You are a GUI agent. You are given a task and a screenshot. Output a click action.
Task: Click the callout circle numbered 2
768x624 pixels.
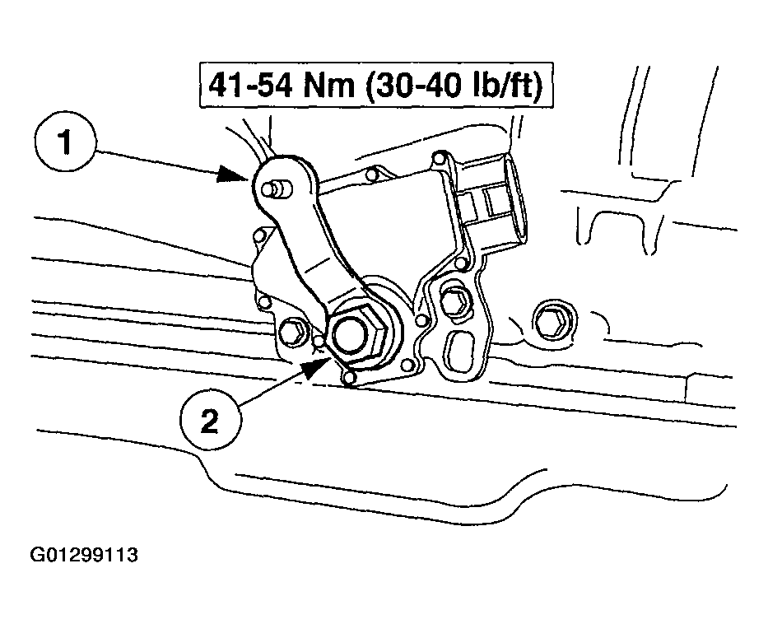pyautogui.click(x=211, y=420)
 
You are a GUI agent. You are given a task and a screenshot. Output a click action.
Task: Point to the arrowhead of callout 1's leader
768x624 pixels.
pyautogui.click(x=234, y=174)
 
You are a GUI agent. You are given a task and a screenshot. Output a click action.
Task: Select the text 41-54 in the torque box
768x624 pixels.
pyautogui.click(x=250, y=86)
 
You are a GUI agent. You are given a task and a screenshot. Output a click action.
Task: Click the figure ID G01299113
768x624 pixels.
pyautogui.click(x=84, y=555)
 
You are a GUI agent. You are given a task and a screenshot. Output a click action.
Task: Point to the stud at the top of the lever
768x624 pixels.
pyautogui.click(x=277, y=189)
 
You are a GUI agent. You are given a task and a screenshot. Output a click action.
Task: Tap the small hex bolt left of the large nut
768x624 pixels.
pyautogui.click(x=293, y=333)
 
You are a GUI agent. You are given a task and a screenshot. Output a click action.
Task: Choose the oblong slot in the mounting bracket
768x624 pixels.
pyautogui.click(x=459, y=351)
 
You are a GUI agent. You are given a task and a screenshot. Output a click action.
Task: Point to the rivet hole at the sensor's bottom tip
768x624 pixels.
pyautogui.click(x=349, y=378)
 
